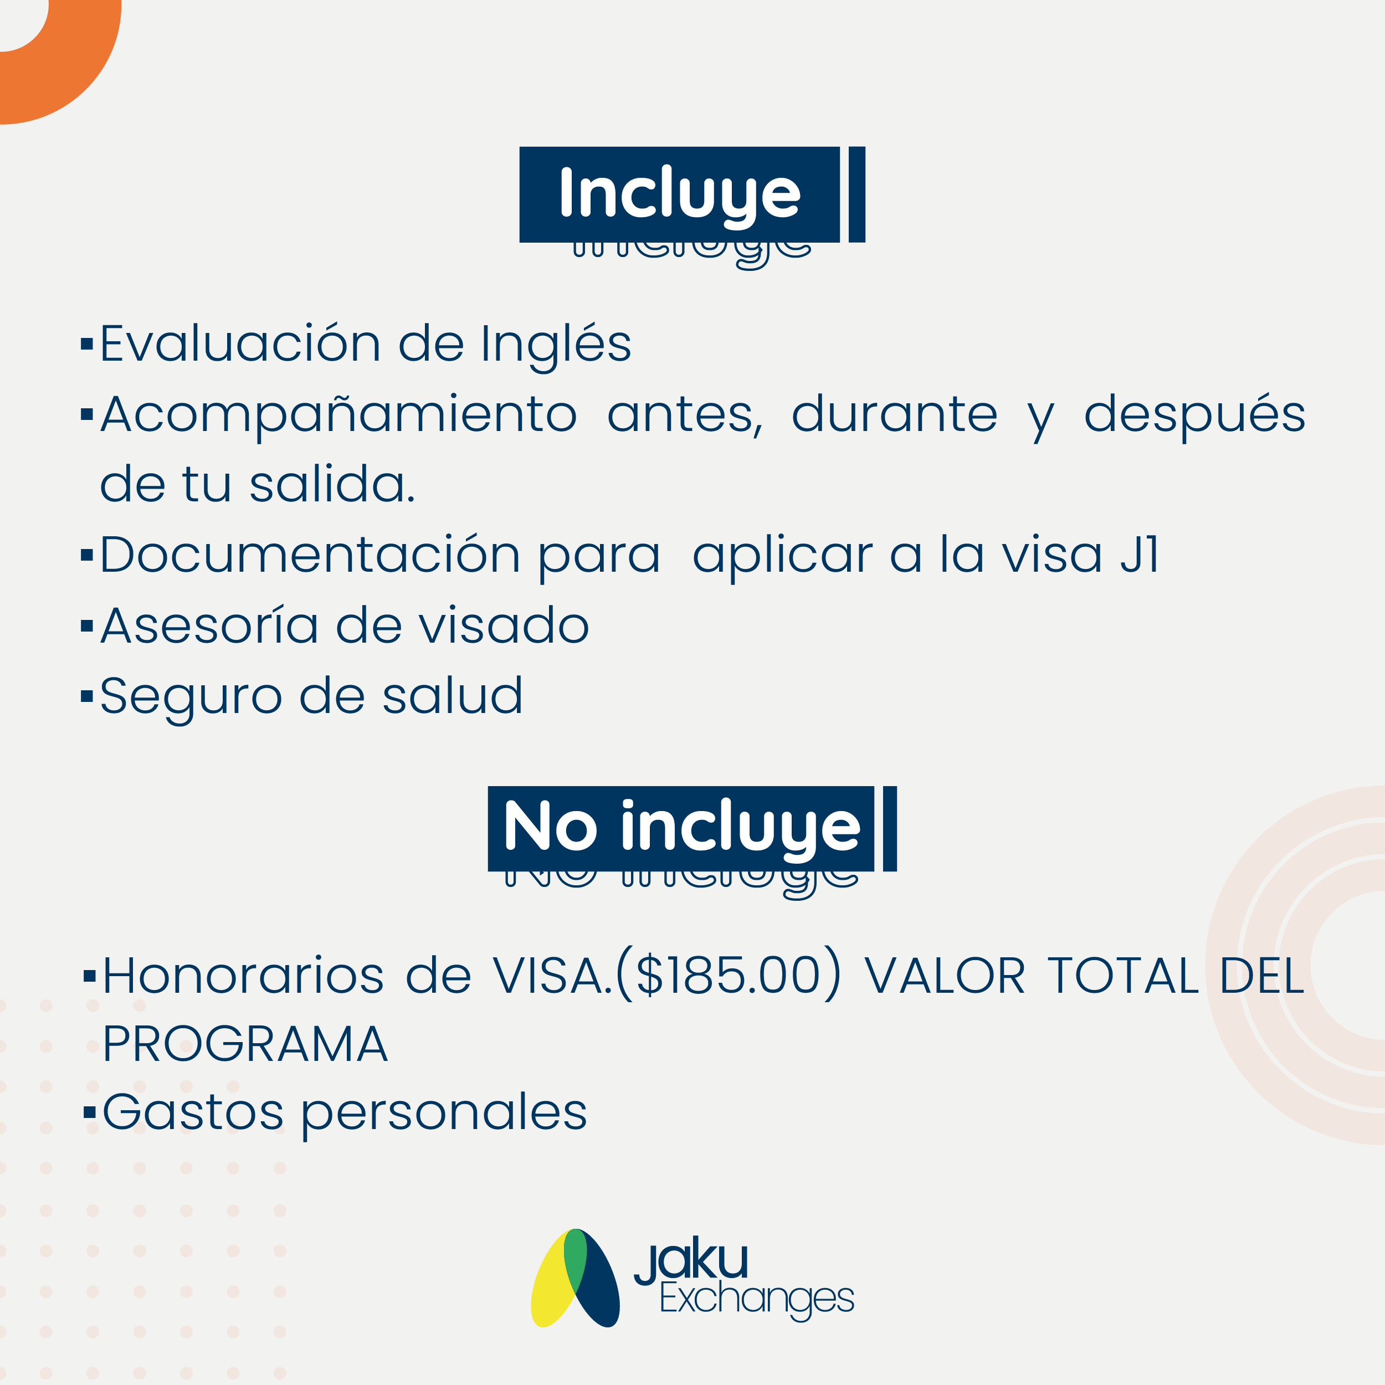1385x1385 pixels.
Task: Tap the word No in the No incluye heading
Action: [x=551, y=826]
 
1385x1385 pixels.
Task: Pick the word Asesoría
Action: [x=209, y=625]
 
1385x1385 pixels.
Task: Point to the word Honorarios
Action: [x=244, y=976]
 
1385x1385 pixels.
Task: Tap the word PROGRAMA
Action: [x=245, y=1044]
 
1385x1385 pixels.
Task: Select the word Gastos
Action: [x=193, y=1112]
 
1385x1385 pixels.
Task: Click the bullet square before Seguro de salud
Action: [x=87, y=695]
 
